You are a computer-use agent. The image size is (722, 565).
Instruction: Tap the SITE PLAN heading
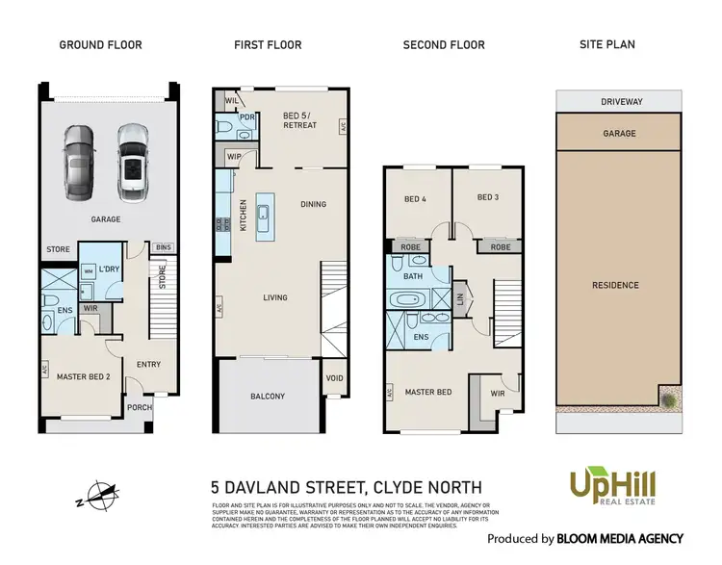tap(606, 45)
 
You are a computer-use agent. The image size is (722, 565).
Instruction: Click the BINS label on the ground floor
tap(164, 248)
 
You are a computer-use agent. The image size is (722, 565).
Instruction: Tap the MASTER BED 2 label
tap(83, 376)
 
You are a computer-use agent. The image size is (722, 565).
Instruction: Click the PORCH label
tap(141, 408)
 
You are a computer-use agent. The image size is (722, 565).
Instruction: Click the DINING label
tap(314, 204)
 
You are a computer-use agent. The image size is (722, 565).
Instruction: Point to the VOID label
tap(335, 378)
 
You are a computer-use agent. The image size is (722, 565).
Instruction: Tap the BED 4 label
tap(415, 199)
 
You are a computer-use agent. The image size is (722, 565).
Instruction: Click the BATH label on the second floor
tap(414, 276)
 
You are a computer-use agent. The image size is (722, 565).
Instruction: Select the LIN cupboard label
tap(460, 299)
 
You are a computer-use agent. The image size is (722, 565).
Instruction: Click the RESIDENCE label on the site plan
tap(614, 285)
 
